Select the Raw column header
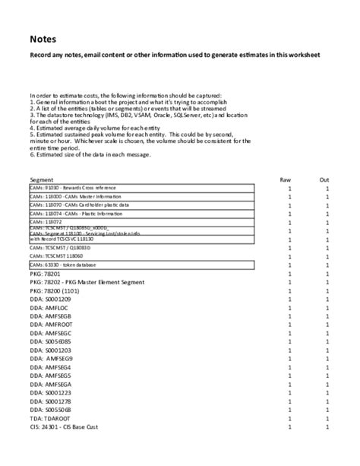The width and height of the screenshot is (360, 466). tap(286, 179)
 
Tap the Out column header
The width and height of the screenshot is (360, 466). tap(324, 179)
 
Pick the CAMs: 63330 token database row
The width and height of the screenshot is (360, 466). tap(65, 264)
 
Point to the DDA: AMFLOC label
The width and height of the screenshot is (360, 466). tap(49, 310)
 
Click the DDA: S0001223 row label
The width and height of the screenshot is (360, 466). tap(50, 392)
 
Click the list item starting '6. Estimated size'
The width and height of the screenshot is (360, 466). tap(91, 155)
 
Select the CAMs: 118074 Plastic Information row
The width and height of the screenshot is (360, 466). tap(72, 214)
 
